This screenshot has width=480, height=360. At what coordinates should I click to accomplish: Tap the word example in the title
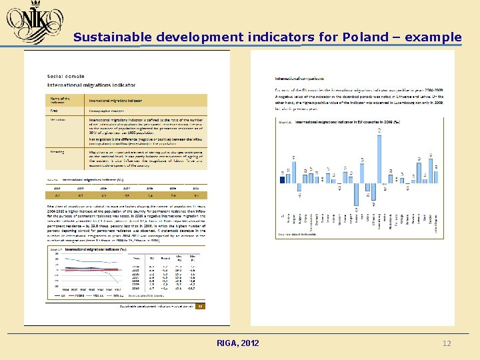pos(433,37)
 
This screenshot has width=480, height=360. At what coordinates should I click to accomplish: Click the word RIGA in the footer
pos(227,343)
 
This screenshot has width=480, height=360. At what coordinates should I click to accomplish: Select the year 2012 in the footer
pos(250,343)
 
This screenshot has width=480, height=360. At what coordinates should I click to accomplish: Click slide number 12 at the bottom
pos(447,343)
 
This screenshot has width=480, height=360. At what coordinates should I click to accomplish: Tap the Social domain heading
pos(66,76)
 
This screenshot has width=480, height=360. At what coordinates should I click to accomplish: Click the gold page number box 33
pos(199,307)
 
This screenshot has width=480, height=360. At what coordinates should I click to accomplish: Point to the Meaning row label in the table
pos(57,151)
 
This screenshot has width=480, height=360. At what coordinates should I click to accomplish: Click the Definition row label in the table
pos(59,120)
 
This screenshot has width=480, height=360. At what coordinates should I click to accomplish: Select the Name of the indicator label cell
pos(61,100)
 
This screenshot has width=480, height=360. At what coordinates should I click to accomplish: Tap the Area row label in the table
pos(54,111)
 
